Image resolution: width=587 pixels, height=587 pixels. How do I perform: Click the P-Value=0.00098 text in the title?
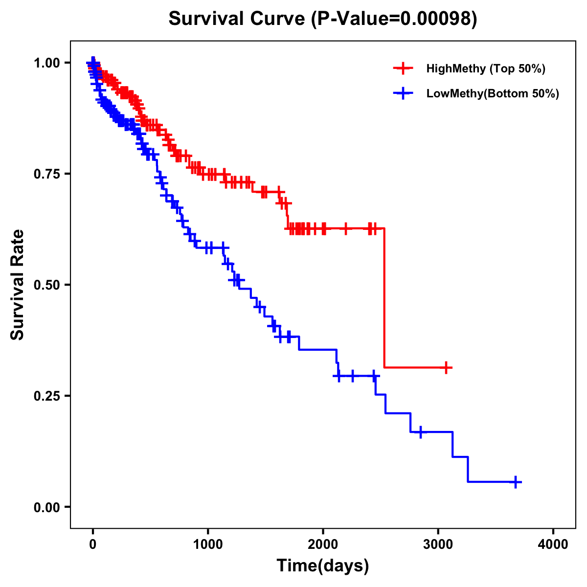[x=394, y=19]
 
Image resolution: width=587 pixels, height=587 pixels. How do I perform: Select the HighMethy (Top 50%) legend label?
[x=485, y=68]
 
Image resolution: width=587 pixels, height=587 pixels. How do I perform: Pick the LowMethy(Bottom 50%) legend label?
[x=493, y=93]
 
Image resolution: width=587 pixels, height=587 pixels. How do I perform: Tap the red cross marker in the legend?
[x=403, y=68]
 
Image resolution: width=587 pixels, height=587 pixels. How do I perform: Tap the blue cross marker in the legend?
[x=403, y=93]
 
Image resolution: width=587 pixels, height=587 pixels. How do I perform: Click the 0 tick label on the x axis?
[x=93, y=544]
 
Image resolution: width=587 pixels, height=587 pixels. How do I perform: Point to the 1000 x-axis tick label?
[x=208, y=544]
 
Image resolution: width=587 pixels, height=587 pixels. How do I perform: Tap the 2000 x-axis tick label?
[x=323, y=544]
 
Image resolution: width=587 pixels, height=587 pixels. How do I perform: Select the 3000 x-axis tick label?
[x=438, y=544]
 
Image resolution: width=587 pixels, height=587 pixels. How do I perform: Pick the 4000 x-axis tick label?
[x=553, y=544]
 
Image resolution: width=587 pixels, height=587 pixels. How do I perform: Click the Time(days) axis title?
[x=323, y=566]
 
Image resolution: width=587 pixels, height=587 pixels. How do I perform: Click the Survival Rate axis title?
[x=18, y=285]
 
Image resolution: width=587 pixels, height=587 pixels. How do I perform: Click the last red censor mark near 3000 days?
[x=446, y=367]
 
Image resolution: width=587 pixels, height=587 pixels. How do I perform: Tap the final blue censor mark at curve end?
[x=516, y=482]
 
